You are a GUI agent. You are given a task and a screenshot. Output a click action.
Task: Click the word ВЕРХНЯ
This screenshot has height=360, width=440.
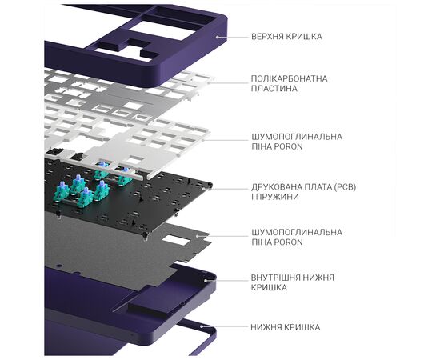(x=266, y=37)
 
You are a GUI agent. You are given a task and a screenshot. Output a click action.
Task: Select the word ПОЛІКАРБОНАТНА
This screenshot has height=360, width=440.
(x=290, y=78)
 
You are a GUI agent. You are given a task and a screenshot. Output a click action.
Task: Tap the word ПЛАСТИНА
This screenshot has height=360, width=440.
(x=270, y=89)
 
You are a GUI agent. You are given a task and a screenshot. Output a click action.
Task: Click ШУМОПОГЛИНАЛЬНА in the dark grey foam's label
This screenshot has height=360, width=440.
(x=297, y=232)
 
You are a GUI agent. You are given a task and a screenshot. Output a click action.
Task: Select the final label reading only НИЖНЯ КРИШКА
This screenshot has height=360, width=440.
(x=286, y=327)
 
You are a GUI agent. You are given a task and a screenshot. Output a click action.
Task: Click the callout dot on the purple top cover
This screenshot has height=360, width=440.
(x=217, y=37)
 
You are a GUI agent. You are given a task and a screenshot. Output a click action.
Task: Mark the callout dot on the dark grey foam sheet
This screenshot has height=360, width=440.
(x=198, y=236)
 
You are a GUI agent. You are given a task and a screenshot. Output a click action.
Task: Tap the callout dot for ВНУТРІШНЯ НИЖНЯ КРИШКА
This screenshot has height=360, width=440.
(x=206, y=280)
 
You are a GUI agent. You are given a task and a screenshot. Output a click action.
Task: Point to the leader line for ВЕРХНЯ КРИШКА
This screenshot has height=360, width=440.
(x=233, y=37)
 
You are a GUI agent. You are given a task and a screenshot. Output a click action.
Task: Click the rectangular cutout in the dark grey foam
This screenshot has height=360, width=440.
(x=177, y=241)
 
